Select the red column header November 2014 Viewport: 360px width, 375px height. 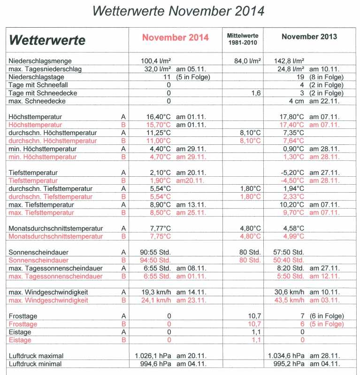point(175,38)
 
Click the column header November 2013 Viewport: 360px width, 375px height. point(309,37)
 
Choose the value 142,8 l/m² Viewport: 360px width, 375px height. point(289,61)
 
